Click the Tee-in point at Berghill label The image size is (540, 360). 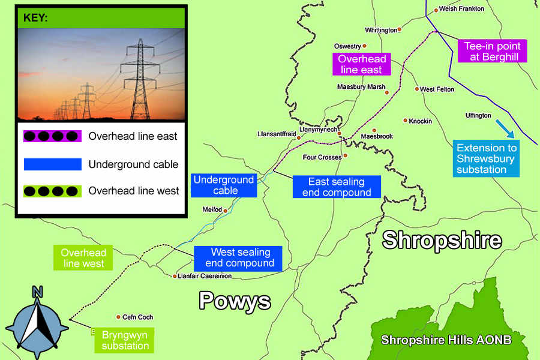point(491,52)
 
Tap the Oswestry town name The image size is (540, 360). point(347,46)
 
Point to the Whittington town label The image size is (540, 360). point(381,30)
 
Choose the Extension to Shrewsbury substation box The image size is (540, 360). point(486,159)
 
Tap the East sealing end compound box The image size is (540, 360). point(336,187)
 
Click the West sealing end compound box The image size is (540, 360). point(240,257)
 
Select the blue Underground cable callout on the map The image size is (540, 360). point(224,185)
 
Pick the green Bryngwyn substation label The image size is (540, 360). point(125,340)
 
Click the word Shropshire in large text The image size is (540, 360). point(442,240)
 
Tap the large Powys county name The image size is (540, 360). point(235,301)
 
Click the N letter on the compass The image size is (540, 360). point(37,292)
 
